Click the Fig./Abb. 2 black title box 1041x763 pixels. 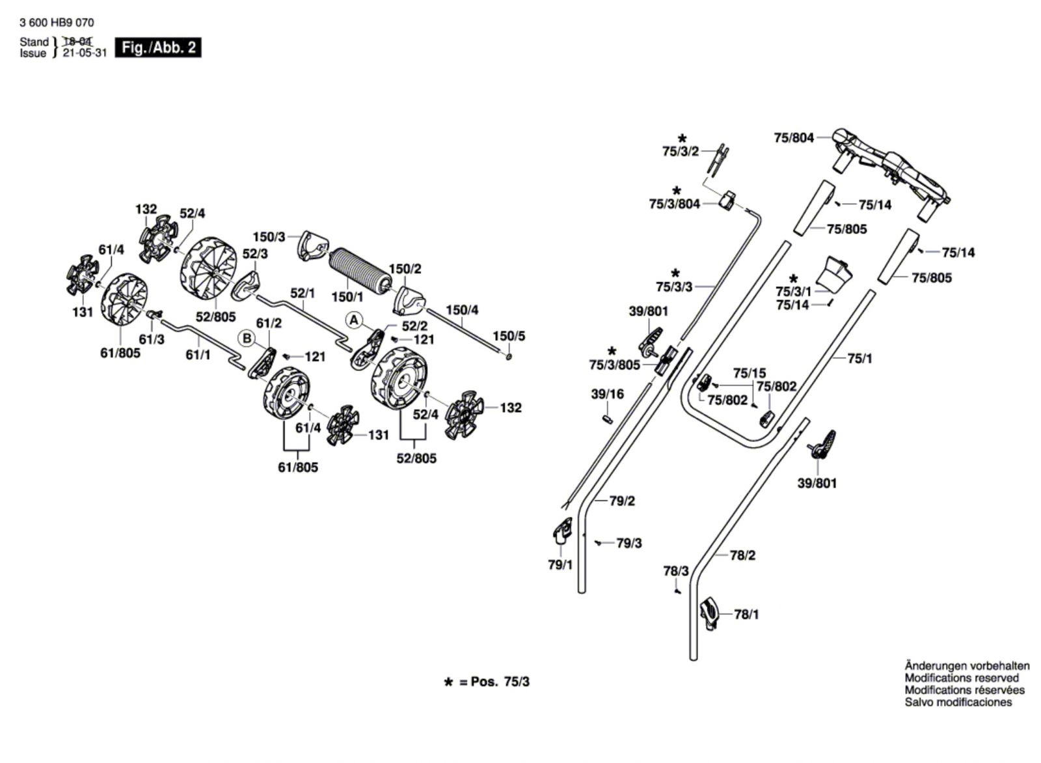[x=158, y=48]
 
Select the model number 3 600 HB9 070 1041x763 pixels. [x=57, y=23]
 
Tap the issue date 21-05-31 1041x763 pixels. [x=85, y=53]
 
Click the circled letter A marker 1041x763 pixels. [x=354, y=320]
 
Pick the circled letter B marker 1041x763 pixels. [x=247, y=338]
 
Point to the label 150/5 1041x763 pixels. [x=509, y=336]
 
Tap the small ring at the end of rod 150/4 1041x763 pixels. [x=508, y=357]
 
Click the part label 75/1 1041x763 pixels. [x=859, y=359]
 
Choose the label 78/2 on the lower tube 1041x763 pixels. [x=742, y=555]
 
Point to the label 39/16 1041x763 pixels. [x=608, y=395]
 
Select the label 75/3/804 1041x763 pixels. [x=674, y=204]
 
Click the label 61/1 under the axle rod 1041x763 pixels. [x=198, y=355]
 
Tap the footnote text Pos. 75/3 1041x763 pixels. [x=500, y=682]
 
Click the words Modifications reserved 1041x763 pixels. [x=962, y=678]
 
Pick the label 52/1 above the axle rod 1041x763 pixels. [x=303, y=294]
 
